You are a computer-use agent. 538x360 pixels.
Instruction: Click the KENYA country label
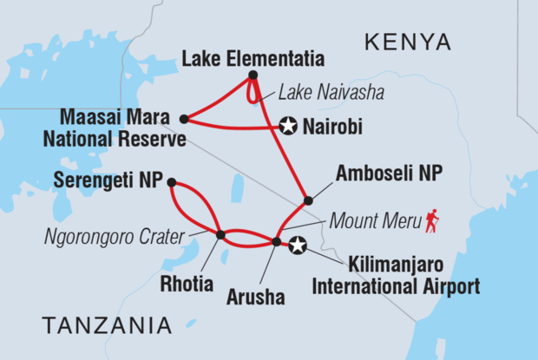(x=408, y=42)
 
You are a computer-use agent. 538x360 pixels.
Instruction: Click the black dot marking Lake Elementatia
(x=253, y=75)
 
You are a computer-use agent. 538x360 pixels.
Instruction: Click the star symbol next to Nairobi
(x=289, y=128)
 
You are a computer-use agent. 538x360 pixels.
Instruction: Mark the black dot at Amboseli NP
(x=308, y=201)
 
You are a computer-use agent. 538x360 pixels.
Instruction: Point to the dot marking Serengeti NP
(x=171, y=182)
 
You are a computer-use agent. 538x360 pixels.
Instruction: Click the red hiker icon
(x=432, y=221)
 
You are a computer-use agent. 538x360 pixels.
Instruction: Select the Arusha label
(x=257, y=298)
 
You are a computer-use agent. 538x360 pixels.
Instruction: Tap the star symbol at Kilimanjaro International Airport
(x=298, y=245)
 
